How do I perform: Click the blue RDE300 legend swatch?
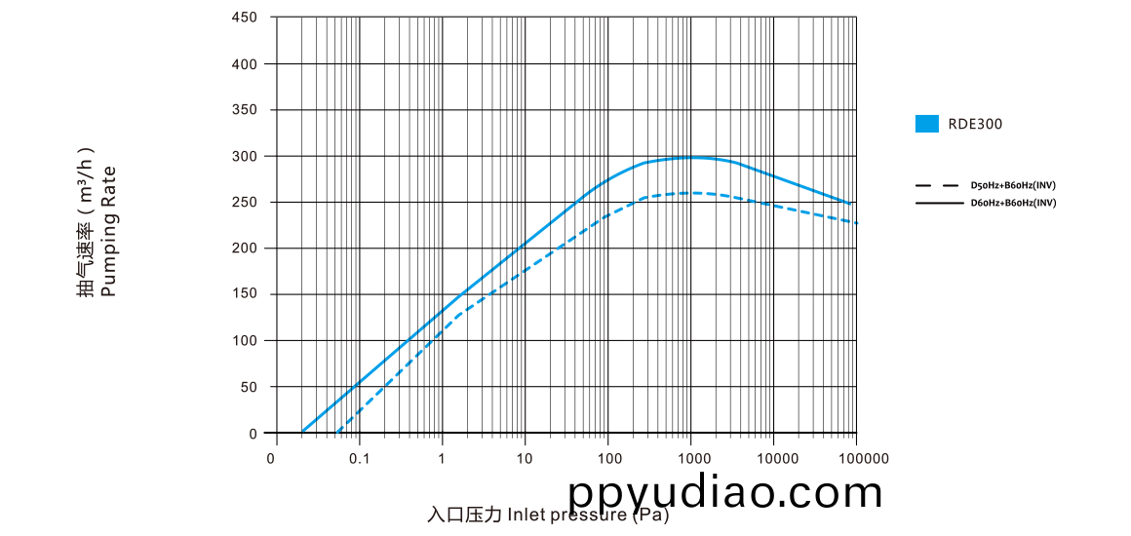(926, 124)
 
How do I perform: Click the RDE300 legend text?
(975, 124)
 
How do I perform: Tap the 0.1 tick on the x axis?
(359, 458)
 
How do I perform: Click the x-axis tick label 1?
(442, 458)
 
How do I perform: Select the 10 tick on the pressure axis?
(525, 458)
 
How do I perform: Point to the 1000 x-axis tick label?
(692, 458)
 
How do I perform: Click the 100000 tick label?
(862, 458)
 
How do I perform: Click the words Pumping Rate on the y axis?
(110, 231)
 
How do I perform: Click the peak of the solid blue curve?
(692, 157)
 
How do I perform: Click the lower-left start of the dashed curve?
(337, 431)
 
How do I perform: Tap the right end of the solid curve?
(851, 205)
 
